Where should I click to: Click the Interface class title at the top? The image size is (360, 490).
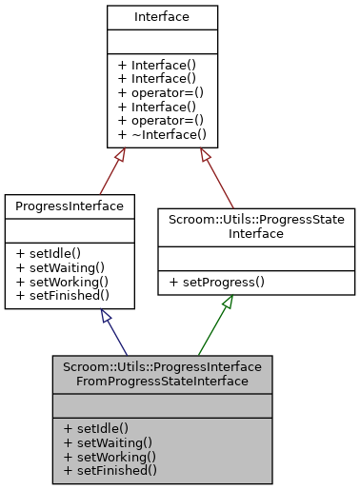click(162, 16)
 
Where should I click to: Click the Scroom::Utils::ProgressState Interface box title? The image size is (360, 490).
click(256, 225)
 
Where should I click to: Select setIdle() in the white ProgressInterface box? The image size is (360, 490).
click(49, 253)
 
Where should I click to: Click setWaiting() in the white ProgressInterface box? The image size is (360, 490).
click(57, 267)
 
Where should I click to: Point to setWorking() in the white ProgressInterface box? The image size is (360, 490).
click(57, 282)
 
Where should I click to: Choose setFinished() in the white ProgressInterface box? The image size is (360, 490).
click(58, 295)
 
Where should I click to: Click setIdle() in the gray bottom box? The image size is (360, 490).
click(96, 428)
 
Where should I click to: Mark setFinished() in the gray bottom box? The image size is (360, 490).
click(106, 469)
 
